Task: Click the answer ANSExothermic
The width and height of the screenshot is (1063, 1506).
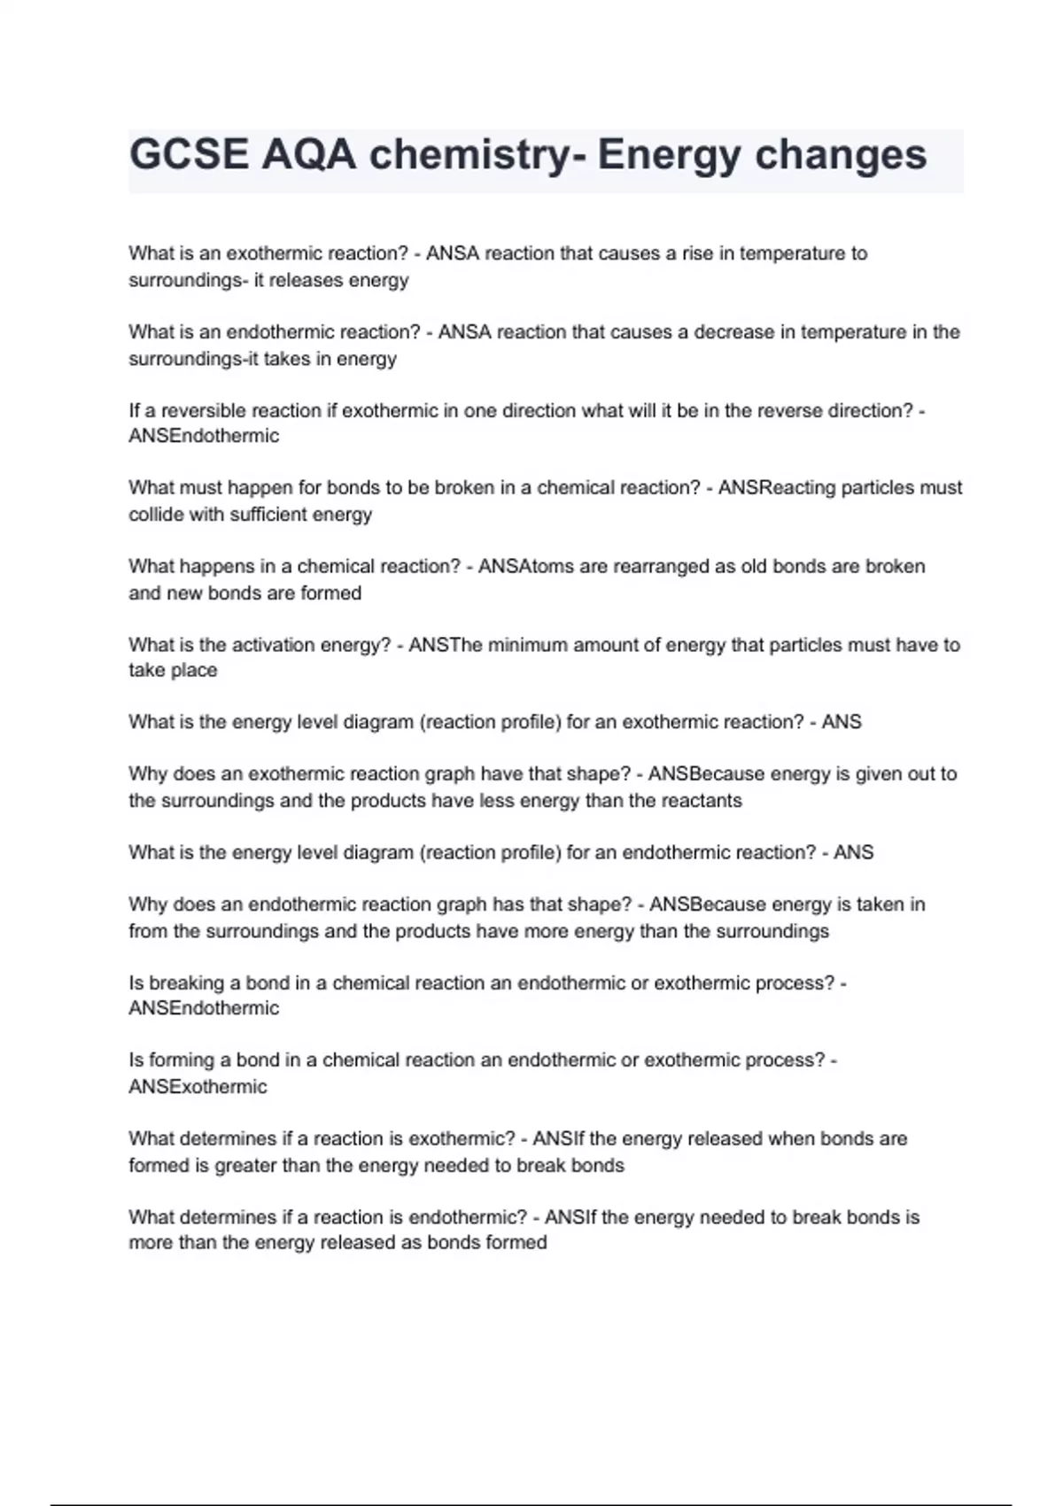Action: point(198,1087)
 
